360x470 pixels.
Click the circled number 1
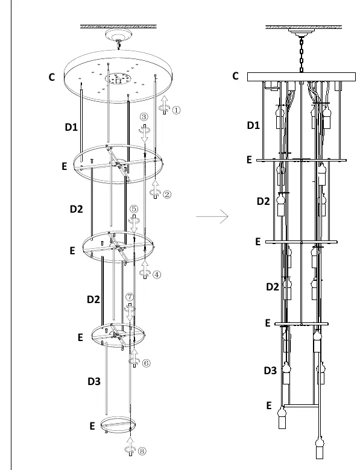point(176,110)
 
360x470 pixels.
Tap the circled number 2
point(167,194)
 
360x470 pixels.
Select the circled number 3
point(144,117)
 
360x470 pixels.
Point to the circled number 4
point(157,274)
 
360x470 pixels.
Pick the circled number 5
point(134,208)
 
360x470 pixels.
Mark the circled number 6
point(146,363)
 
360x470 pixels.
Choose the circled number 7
point(129,297)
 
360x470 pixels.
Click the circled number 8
point(142,451)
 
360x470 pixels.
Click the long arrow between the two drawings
point(212,216)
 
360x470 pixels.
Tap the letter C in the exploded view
point(52,77)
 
